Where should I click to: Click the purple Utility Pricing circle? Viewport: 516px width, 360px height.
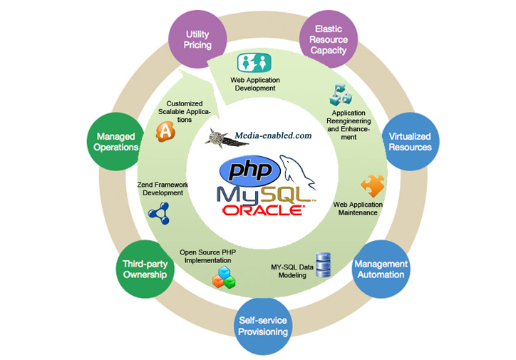(197, 39)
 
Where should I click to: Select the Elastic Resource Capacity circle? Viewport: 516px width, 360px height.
(329, 39)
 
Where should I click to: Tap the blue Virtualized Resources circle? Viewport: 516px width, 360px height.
(411, 141)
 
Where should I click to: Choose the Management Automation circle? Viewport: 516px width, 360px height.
(381, 269)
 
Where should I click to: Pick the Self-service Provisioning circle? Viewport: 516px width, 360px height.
(263, 326)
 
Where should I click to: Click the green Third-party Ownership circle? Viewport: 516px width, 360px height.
(145, 269)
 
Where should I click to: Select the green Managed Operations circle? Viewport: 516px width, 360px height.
(116, 141)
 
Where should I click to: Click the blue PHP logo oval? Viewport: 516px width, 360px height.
(249, 171)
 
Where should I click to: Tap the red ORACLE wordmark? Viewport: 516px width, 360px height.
(263, 210)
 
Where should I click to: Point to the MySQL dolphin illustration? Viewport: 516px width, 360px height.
(298, 173)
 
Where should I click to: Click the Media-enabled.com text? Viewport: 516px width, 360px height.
(273, 135)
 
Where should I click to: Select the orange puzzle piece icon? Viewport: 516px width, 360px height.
(373, 185)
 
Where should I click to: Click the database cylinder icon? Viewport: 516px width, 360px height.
(323, 265)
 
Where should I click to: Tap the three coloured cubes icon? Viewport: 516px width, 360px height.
(224, 278)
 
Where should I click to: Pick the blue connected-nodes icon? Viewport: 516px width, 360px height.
(159, 213)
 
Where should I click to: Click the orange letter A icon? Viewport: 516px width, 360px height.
(165, 132)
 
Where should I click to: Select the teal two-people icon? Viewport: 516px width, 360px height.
(254, 63)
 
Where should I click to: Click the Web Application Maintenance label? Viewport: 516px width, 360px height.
(358, 209)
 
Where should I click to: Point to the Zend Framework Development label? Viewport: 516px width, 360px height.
(162, 189)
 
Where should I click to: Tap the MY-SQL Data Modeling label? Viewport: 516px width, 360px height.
(292, 271)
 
